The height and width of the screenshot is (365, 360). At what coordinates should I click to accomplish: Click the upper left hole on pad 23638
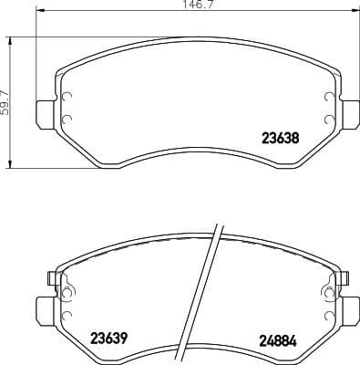(x=66, y=99)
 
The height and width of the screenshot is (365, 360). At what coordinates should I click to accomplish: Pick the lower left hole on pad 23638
(x=66, y=120)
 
